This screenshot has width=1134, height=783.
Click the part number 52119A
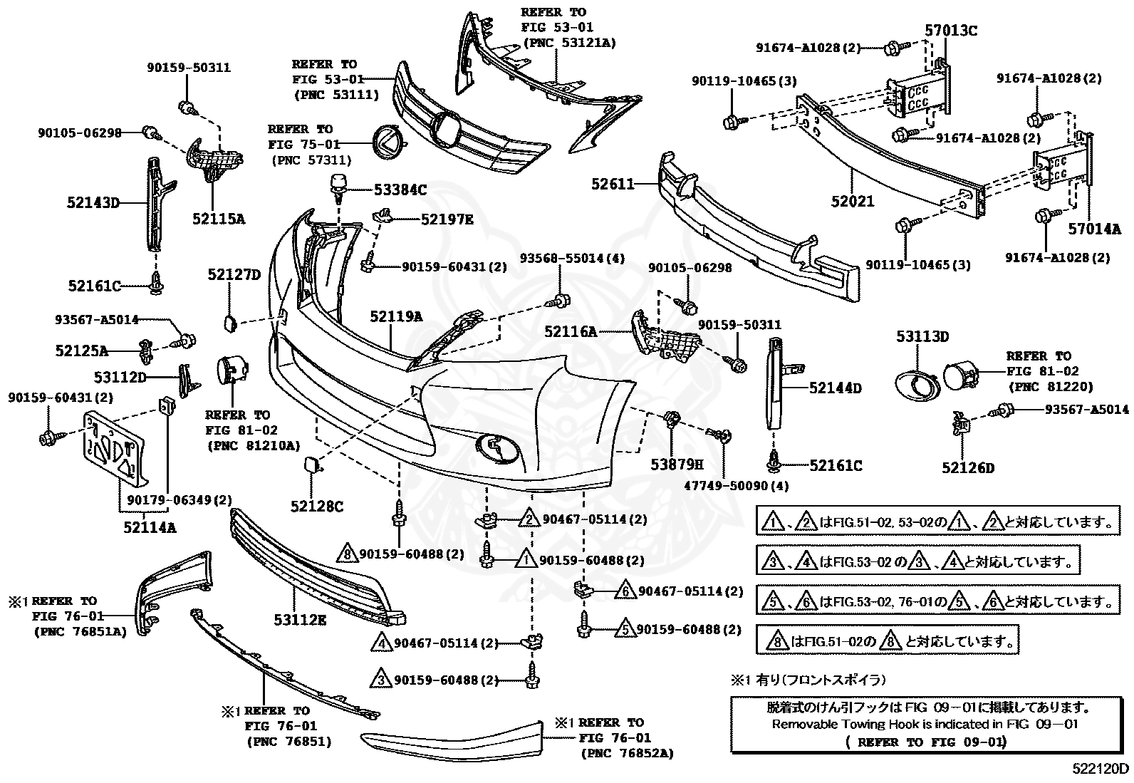point(395,316)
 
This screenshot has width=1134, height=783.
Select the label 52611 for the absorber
point(612,184)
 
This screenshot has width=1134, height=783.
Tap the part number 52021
point(852,202)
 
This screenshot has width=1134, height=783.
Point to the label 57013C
point(951,31)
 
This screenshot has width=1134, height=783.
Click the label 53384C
point(400,190)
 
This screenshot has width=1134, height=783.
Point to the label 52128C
point(316,507)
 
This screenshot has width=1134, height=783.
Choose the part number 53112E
point(300,620)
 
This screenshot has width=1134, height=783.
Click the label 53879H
point(676,465)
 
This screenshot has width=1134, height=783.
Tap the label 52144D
point(835,388)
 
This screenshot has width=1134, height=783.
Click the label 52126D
point(967,468)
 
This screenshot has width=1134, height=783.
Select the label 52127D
point(234,274)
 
